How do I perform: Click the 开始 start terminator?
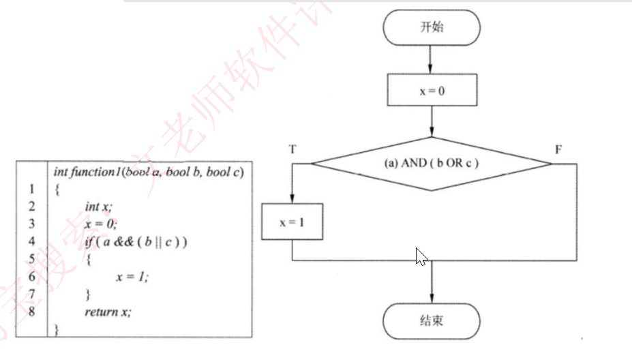pyautogui.click(x=432, y=28)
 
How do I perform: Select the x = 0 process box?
pyautogui.click(x=432, y=90)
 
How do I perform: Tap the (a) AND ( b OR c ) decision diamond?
pyautogui.click(x=432, y=164)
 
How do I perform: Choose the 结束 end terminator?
pyautogui.click(x=432, y=320)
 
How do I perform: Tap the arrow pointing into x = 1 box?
pyautogui.click(x=292, y=187)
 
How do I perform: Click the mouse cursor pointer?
pyautogui.click(x=421, y=257)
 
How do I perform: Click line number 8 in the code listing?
pyautogui.click(x=31, y=312)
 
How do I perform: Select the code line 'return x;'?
pyautogui.click(x=107, y=312)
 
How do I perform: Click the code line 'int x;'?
pyautogui.click(x=97, y=206)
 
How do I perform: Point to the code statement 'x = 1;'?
pyautogui.click(x=132, y=276)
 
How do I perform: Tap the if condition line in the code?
pyautogui.click(x=136, y=241)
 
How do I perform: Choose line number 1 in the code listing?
pyautogui.click(x=31, y=189)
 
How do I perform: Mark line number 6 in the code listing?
pyautogui.click(x=31, y=276)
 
